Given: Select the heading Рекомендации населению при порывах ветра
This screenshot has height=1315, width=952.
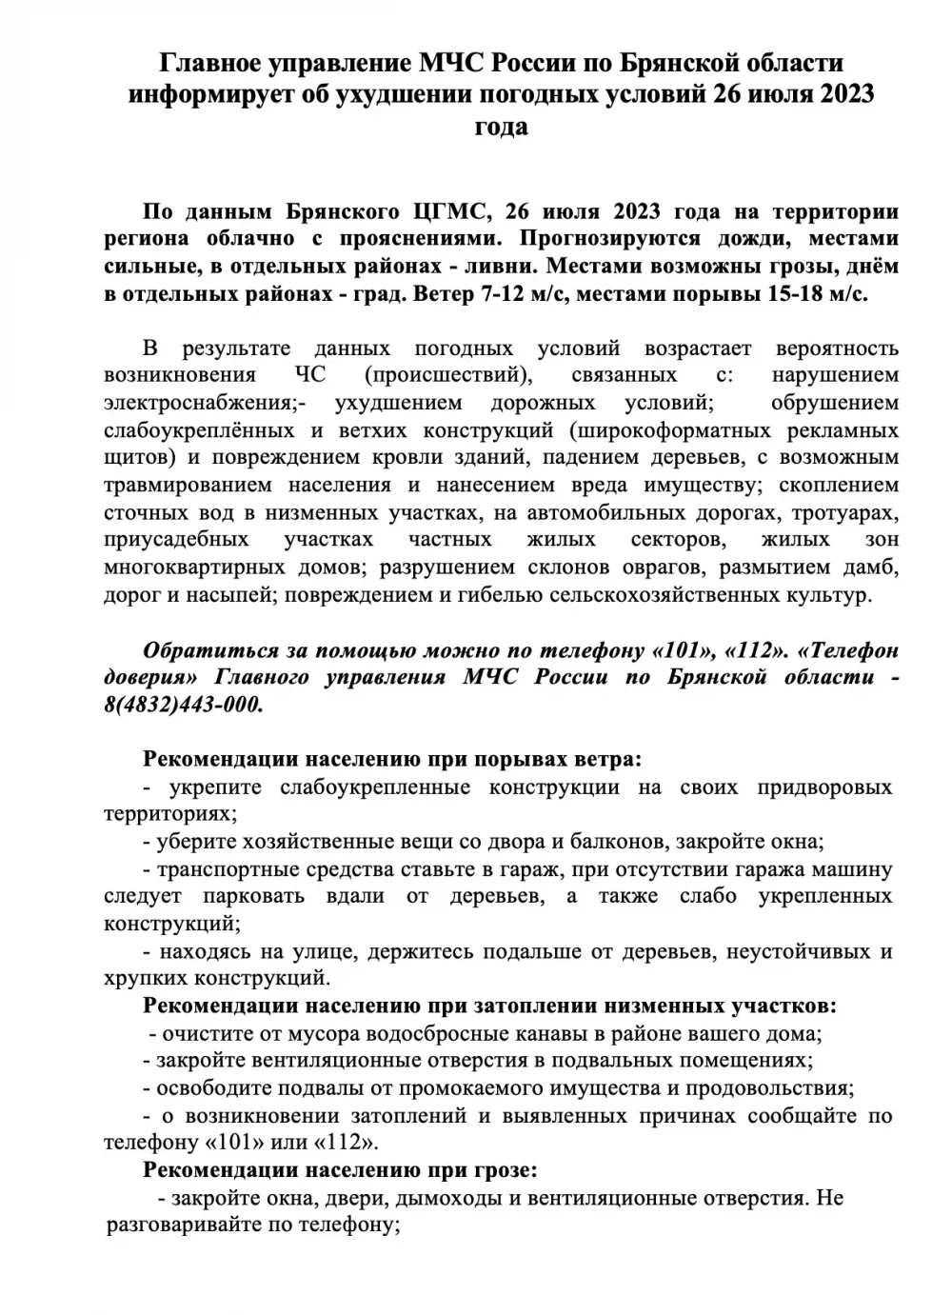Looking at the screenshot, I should point(392,760).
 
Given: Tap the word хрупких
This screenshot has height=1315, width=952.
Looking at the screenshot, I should point(144,978).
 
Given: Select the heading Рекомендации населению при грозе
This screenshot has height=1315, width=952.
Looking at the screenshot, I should point(340,1169).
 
